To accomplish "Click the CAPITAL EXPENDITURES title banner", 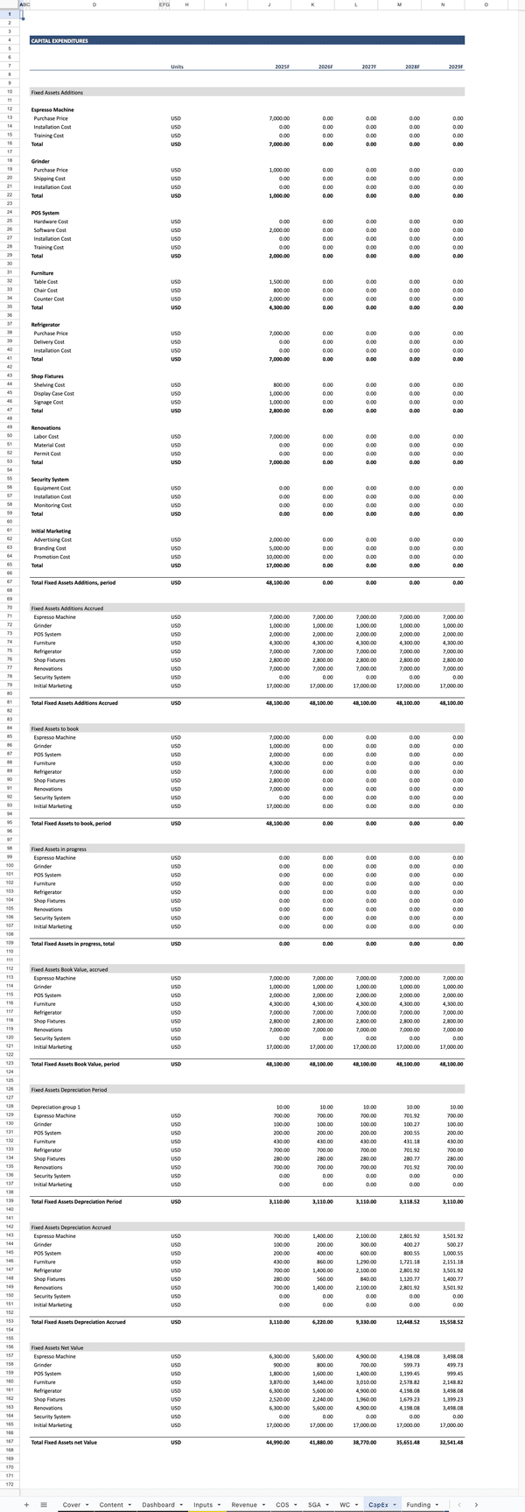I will coord(59,40).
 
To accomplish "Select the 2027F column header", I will coord(368,67).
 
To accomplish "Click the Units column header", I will coord(177,67).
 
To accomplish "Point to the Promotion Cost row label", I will coord(52,557).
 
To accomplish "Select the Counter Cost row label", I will coord(49,299).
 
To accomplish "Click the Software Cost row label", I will coord(50,230).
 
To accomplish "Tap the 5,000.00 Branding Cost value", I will coord(279,548).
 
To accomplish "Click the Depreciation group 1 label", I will coord(55,1107).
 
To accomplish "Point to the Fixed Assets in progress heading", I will coord(59,849).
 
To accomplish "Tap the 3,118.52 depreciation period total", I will coord(408,1201).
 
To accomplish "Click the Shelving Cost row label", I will coord(49,385).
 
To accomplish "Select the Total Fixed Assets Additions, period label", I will coord(73,582).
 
